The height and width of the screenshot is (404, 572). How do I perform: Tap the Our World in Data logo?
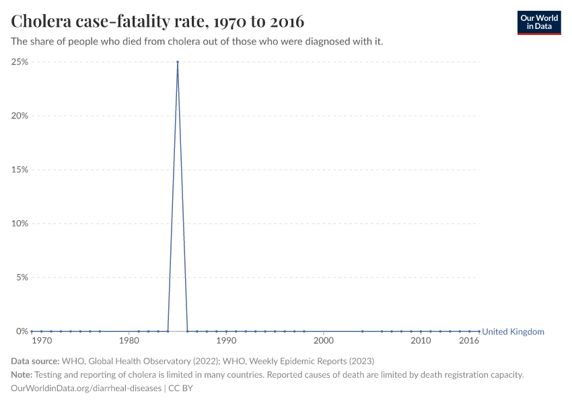click(538, 22)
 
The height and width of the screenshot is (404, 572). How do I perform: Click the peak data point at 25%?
click(178, 62)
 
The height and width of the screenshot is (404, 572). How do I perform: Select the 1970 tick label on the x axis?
click(41, 341)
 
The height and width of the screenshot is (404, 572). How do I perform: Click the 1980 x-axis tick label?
click(129, 341)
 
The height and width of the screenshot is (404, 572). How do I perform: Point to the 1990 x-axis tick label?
click(226, 341)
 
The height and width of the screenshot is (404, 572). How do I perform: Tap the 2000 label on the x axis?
click(324, 341)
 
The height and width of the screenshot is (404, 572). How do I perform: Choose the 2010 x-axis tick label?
click(421, 341)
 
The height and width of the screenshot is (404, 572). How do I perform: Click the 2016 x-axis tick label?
click(469, 341)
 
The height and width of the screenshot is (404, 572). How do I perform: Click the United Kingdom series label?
click(513, 331)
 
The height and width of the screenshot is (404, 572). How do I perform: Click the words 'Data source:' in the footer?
click(35, 361)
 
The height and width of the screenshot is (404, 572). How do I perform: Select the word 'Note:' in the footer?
click(22, 374)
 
